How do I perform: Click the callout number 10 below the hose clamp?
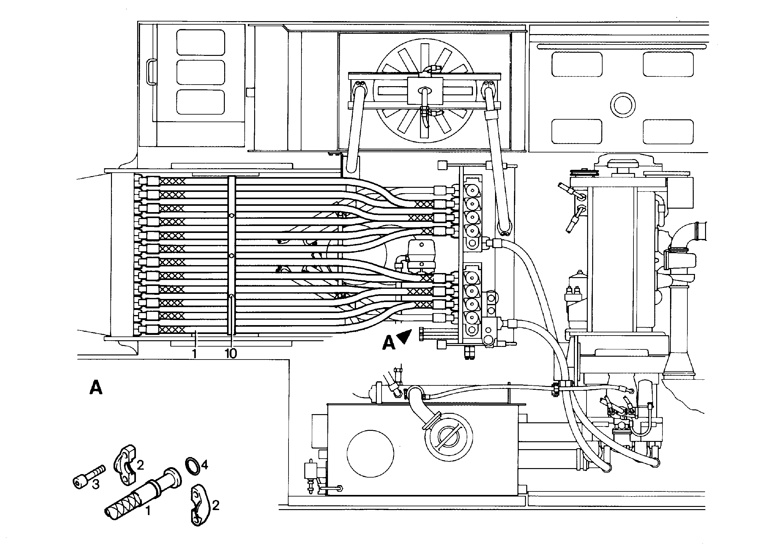tap(231, 354)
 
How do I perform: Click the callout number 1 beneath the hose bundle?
tap(194, 354)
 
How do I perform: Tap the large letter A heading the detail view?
tap(96, 388)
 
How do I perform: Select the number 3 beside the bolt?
tap(96, 484)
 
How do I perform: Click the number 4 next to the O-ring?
tap(204, 465)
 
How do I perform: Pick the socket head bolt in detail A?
tap(89, 477)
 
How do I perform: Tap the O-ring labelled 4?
tap(193, 466)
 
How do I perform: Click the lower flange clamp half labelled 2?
tap(199, 504)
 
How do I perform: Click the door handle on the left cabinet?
tap(151, 72)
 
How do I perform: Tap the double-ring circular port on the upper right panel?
tap(622, 105)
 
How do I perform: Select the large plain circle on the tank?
tap(370, 454)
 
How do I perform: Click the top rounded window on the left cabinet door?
tap(201, 42)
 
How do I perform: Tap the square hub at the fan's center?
tap(425, 91)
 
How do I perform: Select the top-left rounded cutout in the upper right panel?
tap(577, 64)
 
